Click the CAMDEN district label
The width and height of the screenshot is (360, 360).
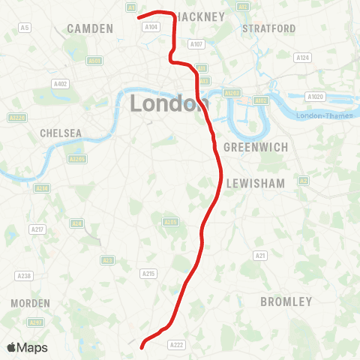pyautogui.click(x=90, y=28)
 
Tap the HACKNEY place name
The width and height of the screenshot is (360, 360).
pyautogui.click(x=200, y=16)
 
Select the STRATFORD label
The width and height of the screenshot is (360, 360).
pyautogui.click(x=269, y=28)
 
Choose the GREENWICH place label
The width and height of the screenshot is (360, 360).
pyautogui.click(x=256, y=147)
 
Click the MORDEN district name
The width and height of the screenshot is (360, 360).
pyautogui.click(x=31, y=303)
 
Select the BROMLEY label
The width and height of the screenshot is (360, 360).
pyautogui.click(x=286, y=301)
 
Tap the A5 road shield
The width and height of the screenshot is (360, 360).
pyautogui.click(x=25, y=28)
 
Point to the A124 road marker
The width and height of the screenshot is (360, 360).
pyautogui.click(x=302, y=58)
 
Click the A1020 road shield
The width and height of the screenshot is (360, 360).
pyautogui.click(x=314, y=96)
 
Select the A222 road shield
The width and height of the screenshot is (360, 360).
pyautogui.click(x=176, y=345)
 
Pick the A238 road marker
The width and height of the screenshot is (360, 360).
pyautogui.click(x=24, y=276)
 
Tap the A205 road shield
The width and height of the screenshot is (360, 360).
pyautogui.click(x=171, y=222)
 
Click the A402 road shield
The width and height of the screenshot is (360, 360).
pyautogui.click(x=61, y=84)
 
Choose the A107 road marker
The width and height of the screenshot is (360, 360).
pyautogui.click(x=196, y=44)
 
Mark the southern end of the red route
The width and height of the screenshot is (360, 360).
pyautogui.click(x=142, y=347)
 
